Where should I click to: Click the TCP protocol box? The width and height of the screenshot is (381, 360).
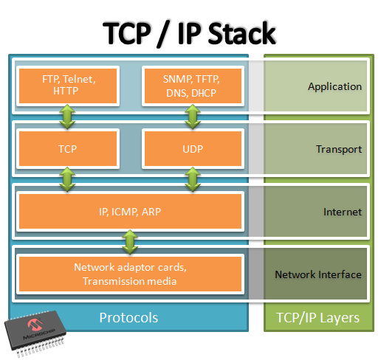(x=68, y=148)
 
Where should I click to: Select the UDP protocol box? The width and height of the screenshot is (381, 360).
(x=193, y=148)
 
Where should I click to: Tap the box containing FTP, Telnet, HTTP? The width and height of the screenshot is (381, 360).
(x=68, y=86)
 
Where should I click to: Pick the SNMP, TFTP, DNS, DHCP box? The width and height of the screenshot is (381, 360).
(x=193, y=86)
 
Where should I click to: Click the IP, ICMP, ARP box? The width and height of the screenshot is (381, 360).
(x=130, y=211)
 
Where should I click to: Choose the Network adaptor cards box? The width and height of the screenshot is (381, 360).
(x=130, y=274)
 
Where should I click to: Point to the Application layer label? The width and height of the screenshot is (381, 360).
(x=334, y=86)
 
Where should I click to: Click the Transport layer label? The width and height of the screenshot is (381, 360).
(x=339, y=149)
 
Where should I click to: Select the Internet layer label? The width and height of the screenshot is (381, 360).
(x=343, y=212)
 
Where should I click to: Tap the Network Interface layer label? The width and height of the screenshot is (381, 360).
(x=318, y=274)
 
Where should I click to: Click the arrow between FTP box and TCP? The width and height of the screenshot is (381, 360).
(x=67, y=117)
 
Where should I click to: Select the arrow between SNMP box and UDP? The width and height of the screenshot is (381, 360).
(x=193, y=117)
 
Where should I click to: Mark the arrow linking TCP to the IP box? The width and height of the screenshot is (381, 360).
(x=67, y=179)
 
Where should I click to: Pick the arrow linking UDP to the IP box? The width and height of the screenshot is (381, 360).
(x=193, y=179)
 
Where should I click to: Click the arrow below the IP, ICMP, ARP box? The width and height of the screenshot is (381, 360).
(x=130, y=242)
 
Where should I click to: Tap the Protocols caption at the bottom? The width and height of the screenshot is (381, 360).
(x=128, y=317)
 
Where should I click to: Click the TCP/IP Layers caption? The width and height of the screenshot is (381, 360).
(x=317, y=318)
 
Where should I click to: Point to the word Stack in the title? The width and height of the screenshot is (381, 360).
(x=241, y=33)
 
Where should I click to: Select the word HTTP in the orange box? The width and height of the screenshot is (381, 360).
(x=66, y=91)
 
